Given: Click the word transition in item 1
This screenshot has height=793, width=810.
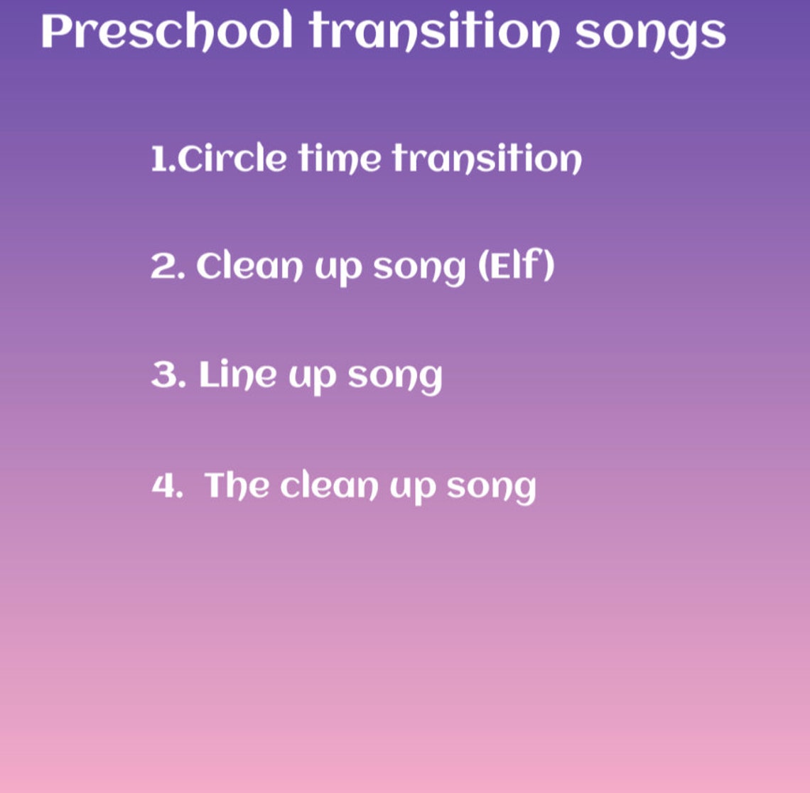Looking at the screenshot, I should point(487,158).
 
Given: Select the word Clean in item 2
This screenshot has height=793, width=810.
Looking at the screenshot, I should point(249,267).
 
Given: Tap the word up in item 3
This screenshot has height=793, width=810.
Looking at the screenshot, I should point(311,378).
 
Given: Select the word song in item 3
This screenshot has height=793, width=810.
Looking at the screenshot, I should point(395,378).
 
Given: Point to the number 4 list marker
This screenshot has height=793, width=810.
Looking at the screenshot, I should point(166,487).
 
